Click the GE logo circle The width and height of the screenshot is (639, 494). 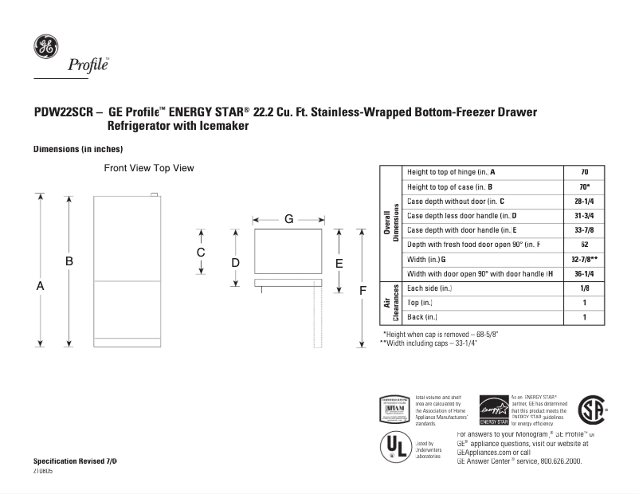pos(45,47)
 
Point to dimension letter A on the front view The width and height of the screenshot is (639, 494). pos(40,285)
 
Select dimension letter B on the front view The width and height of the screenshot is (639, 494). pos(69,261)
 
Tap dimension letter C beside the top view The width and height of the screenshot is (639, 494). pos(201,253)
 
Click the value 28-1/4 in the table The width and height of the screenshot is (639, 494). pos(584,201)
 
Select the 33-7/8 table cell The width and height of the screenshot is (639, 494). pos(584,230)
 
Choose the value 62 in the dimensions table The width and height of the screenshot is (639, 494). pos(584,245)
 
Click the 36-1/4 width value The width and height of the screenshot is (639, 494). pos(584,274)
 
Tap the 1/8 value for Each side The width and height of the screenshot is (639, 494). pos(584,288)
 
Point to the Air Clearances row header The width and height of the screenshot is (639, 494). pos(391,304)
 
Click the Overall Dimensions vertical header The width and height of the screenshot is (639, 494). pos(391,223)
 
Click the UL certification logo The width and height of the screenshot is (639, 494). pos(394,448)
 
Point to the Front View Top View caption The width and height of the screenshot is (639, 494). pos(149,169)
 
